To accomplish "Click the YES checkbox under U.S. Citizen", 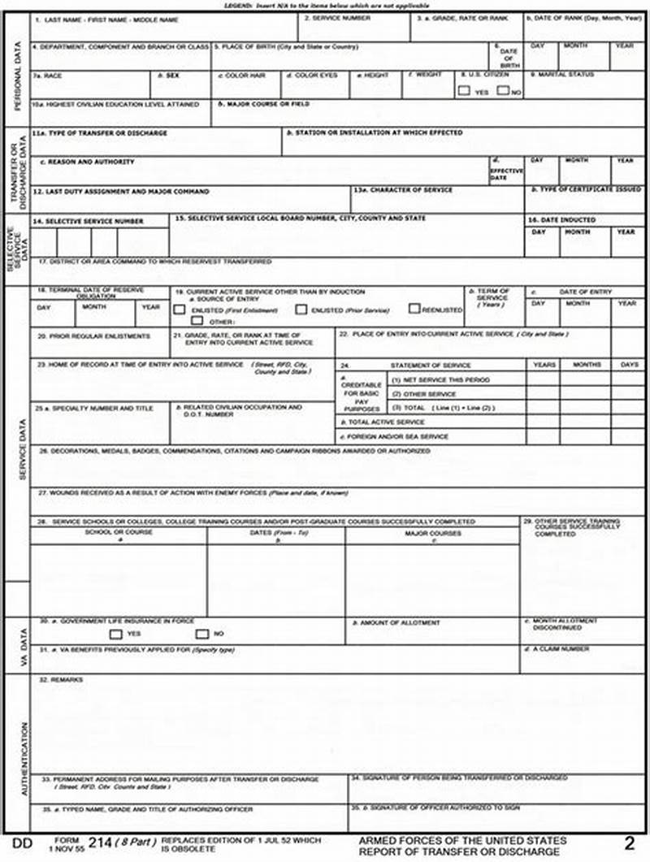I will (x=464, y=91).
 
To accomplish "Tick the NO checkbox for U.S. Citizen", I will (x=504, y=91).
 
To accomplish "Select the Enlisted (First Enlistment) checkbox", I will (x=180, y=310).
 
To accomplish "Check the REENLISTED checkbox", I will (x=414, y=309).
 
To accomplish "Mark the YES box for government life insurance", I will (x=115, y=634).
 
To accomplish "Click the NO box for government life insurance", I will (x=201, y=634).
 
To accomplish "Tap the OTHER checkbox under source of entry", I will (x=197, y=321).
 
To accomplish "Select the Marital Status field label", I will (x=562, y=75).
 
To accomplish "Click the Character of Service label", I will (x=403, y=189).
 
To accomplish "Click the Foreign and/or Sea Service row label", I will (x=395, y=436).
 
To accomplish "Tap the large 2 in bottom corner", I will (x=629, y=843).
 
